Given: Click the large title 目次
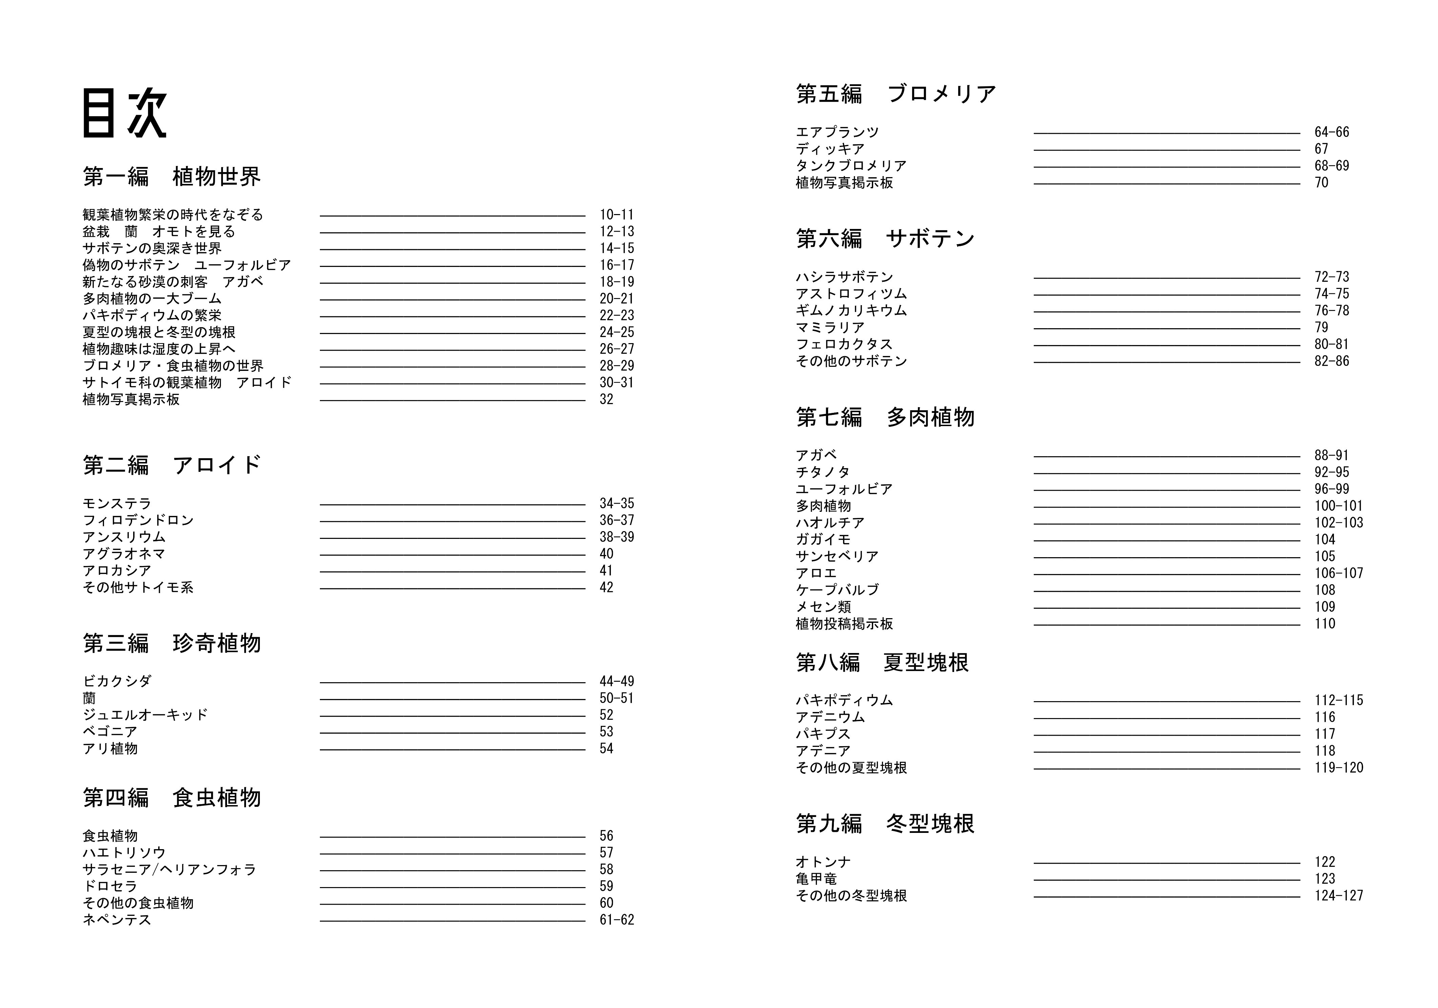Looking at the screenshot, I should pos(125,113).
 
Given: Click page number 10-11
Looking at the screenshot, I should pos(616,215).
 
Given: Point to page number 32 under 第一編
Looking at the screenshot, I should pos(606,399).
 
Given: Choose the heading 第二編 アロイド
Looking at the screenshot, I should pos(171,465).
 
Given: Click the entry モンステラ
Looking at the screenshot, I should pos(117,503).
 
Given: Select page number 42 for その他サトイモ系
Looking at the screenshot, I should pos(606,587).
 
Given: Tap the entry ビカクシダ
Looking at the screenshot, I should pos(117,681).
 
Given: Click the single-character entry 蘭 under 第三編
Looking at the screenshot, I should pos(89,698).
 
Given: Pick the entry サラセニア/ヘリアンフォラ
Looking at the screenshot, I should pos(169,869).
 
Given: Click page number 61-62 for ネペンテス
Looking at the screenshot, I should pos(616,920).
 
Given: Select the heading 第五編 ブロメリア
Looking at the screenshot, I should pos(896,94).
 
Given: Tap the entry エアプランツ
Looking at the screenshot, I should pos(837,132).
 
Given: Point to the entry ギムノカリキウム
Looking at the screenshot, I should pos(851,311).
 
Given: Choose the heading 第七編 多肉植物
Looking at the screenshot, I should pos(885,417).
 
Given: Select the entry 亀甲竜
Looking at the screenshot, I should pos(816,879).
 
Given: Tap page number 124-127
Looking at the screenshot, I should pos(1338,896).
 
